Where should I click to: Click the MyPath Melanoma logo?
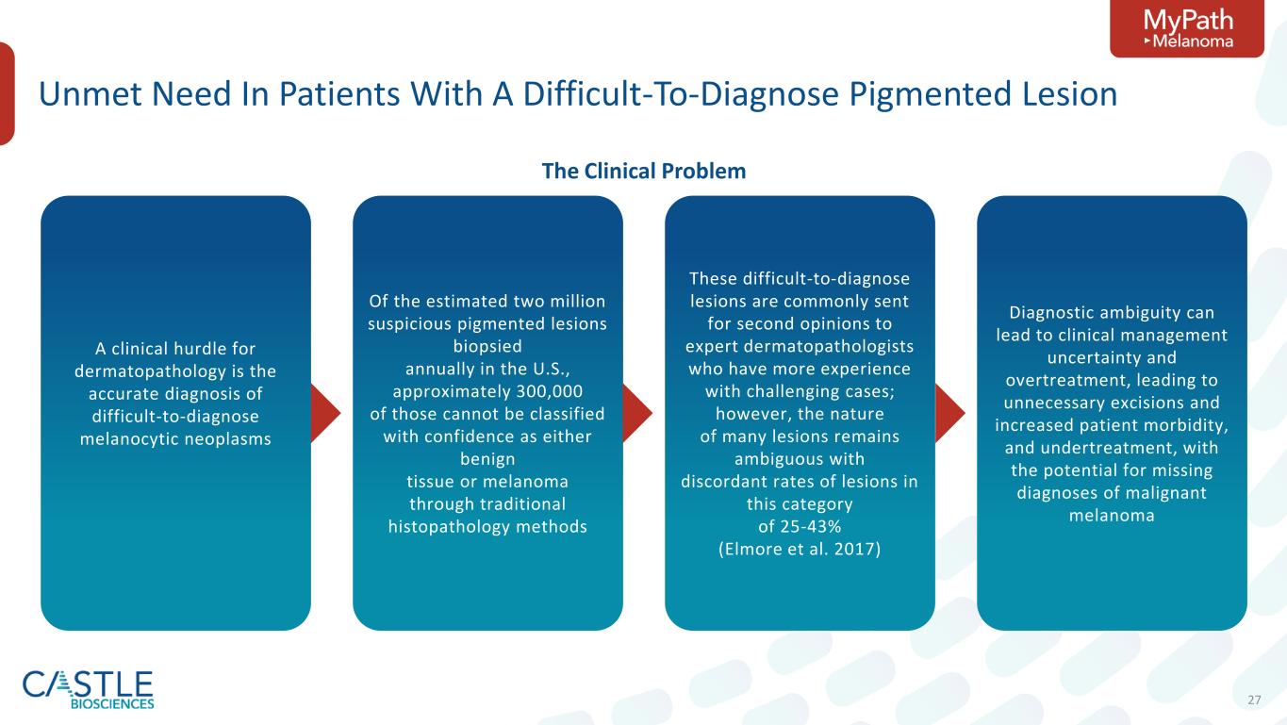[x=1186, y=29]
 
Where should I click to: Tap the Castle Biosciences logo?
[x=88, y=689]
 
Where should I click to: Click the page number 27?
[x=1254, y=700]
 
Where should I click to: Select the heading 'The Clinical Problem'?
[x=643, y=171]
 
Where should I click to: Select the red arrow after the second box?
[x=638, y=413]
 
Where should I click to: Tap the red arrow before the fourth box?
[x=950, y=413]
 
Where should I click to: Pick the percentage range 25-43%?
[x=800, y=527]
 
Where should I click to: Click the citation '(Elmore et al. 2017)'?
[x=800, y=549]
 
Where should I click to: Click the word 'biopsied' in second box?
[x=487, y=346]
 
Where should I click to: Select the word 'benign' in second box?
[x=487, y=459]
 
